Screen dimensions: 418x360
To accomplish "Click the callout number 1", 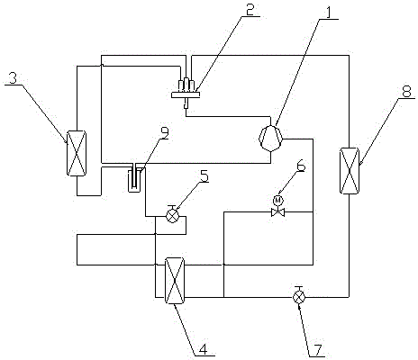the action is [329, 13].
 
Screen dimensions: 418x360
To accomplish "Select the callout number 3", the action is [13, 78].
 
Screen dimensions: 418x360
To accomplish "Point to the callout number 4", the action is [204, 349].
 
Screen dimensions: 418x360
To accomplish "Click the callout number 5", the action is [204, 175].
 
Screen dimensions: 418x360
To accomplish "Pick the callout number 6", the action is [301, 166].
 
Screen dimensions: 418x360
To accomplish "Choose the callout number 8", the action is [406, 92].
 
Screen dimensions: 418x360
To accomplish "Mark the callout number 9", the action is [165, 133].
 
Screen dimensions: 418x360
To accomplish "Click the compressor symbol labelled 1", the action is [271, 138].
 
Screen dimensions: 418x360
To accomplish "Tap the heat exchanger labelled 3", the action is [77, 153].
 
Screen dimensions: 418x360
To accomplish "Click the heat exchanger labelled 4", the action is [175, 281].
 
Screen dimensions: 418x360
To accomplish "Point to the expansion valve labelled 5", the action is [172, 215].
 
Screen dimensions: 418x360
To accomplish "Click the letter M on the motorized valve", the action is [278, 200].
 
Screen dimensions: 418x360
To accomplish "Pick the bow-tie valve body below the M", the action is [278, 212].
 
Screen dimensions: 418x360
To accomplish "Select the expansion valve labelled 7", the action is [299, 296].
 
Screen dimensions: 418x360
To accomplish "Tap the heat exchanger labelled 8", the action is [350, 170].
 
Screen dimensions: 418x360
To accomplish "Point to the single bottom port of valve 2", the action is [186, 103].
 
